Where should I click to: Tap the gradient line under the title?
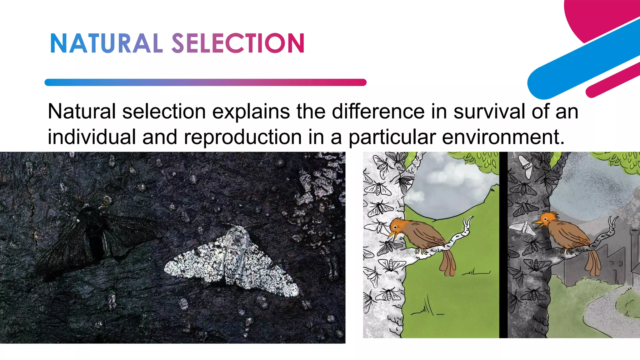[x=205, y=82]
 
